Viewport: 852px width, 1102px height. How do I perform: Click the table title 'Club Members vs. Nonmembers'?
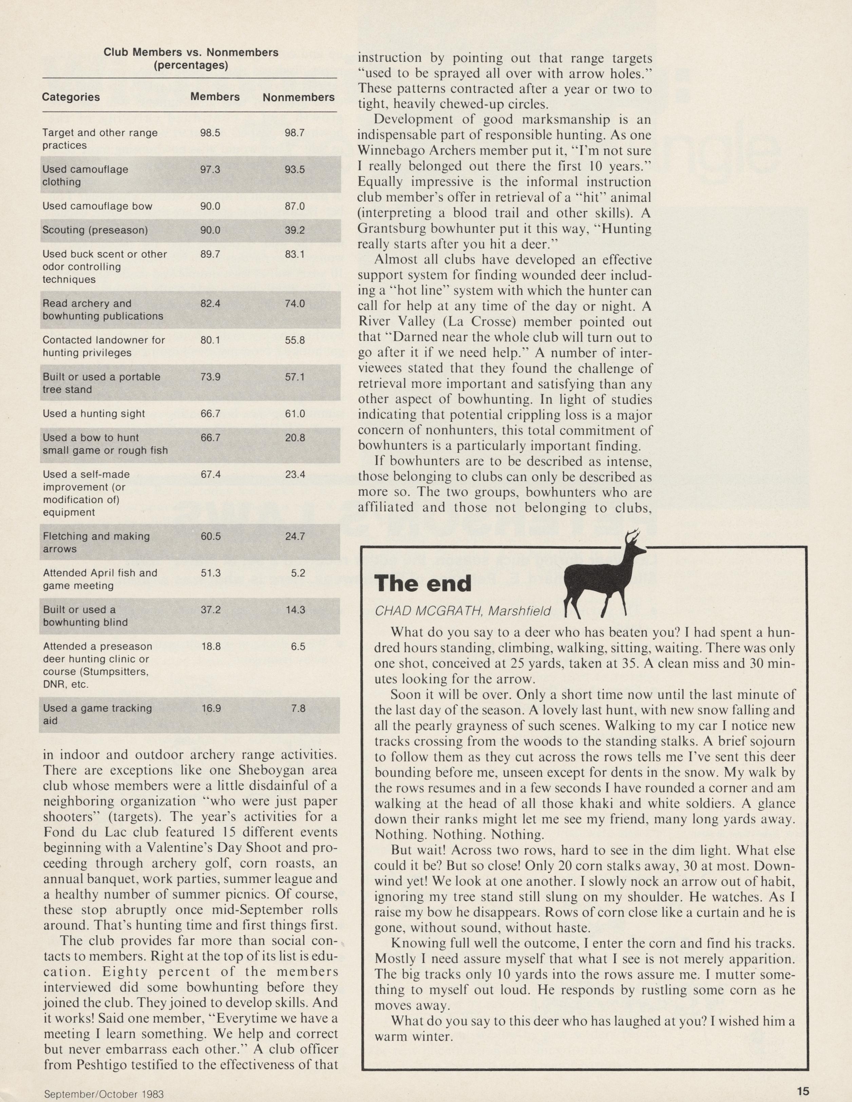[191, 53]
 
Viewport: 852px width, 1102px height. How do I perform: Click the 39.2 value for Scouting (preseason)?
[295, 230]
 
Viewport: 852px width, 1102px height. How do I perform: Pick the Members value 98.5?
[210, 133]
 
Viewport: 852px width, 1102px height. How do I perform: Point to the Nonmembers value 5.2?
[298, 573]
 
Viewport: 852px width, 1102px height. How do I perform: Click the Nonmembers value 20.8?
[295, 438]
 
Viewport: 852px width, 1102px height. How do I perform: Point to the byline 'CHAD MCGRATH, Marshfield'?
[462, 611]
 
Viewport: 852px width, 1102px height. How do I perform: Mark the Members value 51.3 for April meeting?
[210, 573]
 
